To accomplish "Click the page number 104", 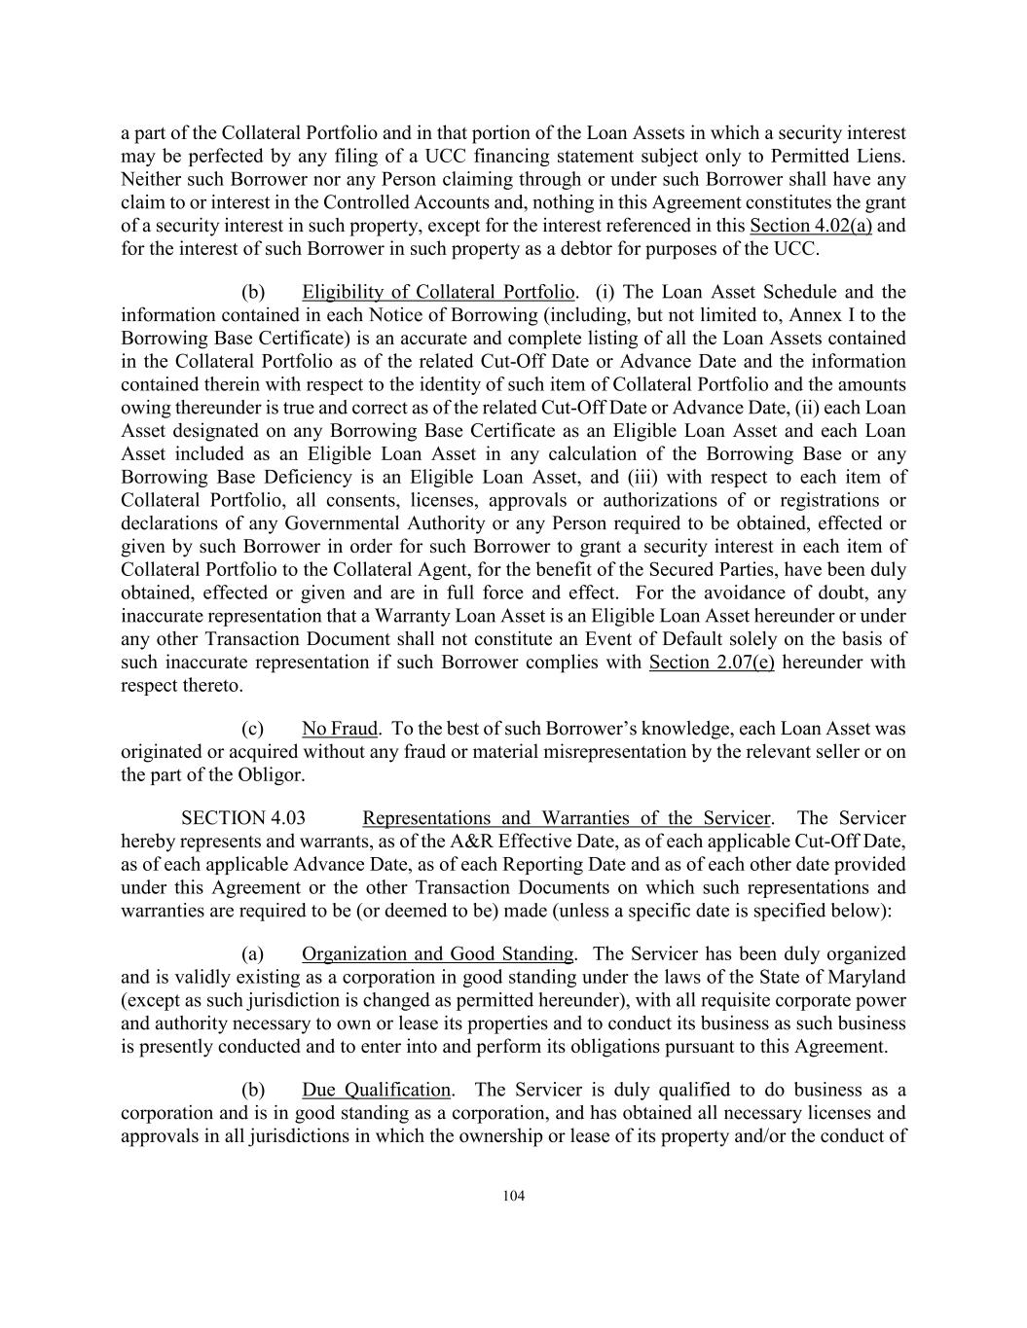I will (x=513, y=1197).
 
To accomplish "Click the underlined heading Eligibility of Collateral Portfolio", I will (x=438, y=292).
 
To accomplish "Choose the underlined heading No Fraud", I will (x=339, y=729).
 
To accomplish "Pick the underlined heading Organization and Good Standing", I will (x=437, y=953).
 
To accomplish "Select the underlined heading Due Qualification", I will (x=376, y=1090).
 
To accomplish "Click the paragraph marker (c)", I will (x=252, y=729).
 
